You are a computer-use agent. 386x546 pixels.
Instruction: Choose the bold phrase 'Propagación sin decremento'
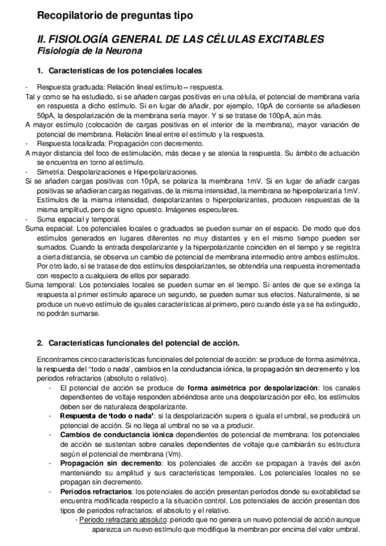(110, 463)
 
